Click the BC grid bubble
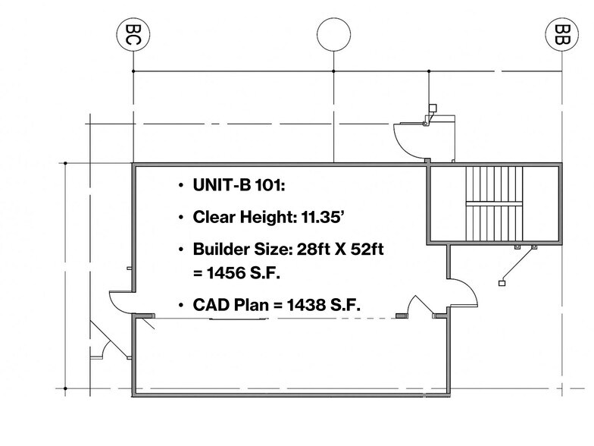coord(133,35)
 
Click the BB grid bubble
coord(561,35)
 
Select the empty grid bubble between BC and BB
coord(334,35)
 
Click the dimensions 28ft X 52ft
coord(336,250)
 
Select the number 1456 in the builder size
coord(229,271)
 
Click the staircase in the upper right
coord(493,202)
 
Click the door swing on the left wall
coord(123,302)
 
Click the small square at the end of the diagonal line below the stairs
coord(502,282)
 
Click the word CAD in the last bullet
coord(211,305)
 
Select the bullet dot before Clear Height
coord(180,218)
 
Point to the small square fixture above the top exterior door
coord(433,108)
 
